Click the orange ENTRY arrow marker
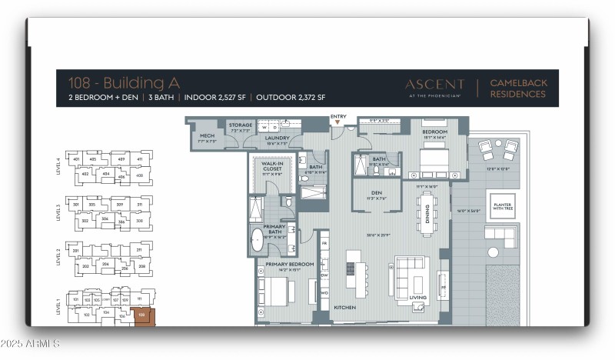pos(337,122)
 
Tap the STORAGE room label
pos(240,125)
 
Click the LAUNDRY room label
pos(277,138)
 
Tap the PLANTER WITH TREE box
pos(503,205)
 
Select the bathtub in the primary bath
pos(258,241)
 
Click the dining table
pos(426,208)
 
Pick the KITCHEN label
pos(344,307)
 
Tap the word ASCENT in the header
pos(434,84)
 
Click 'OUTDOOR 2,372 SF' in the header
pos(291,98)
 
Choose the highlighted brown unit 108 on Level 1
pos(140,315)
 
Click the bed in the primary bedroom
pos(275,291)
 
